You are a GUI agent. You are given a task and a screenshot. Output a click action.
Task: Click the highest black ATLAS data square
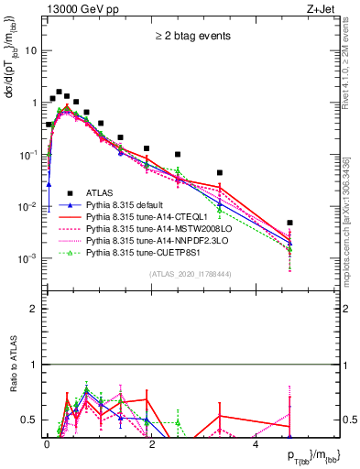tap(59, 92)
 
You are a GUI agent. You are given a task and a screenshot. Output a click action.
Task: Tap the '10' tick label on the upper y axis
tap(31, 51)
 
